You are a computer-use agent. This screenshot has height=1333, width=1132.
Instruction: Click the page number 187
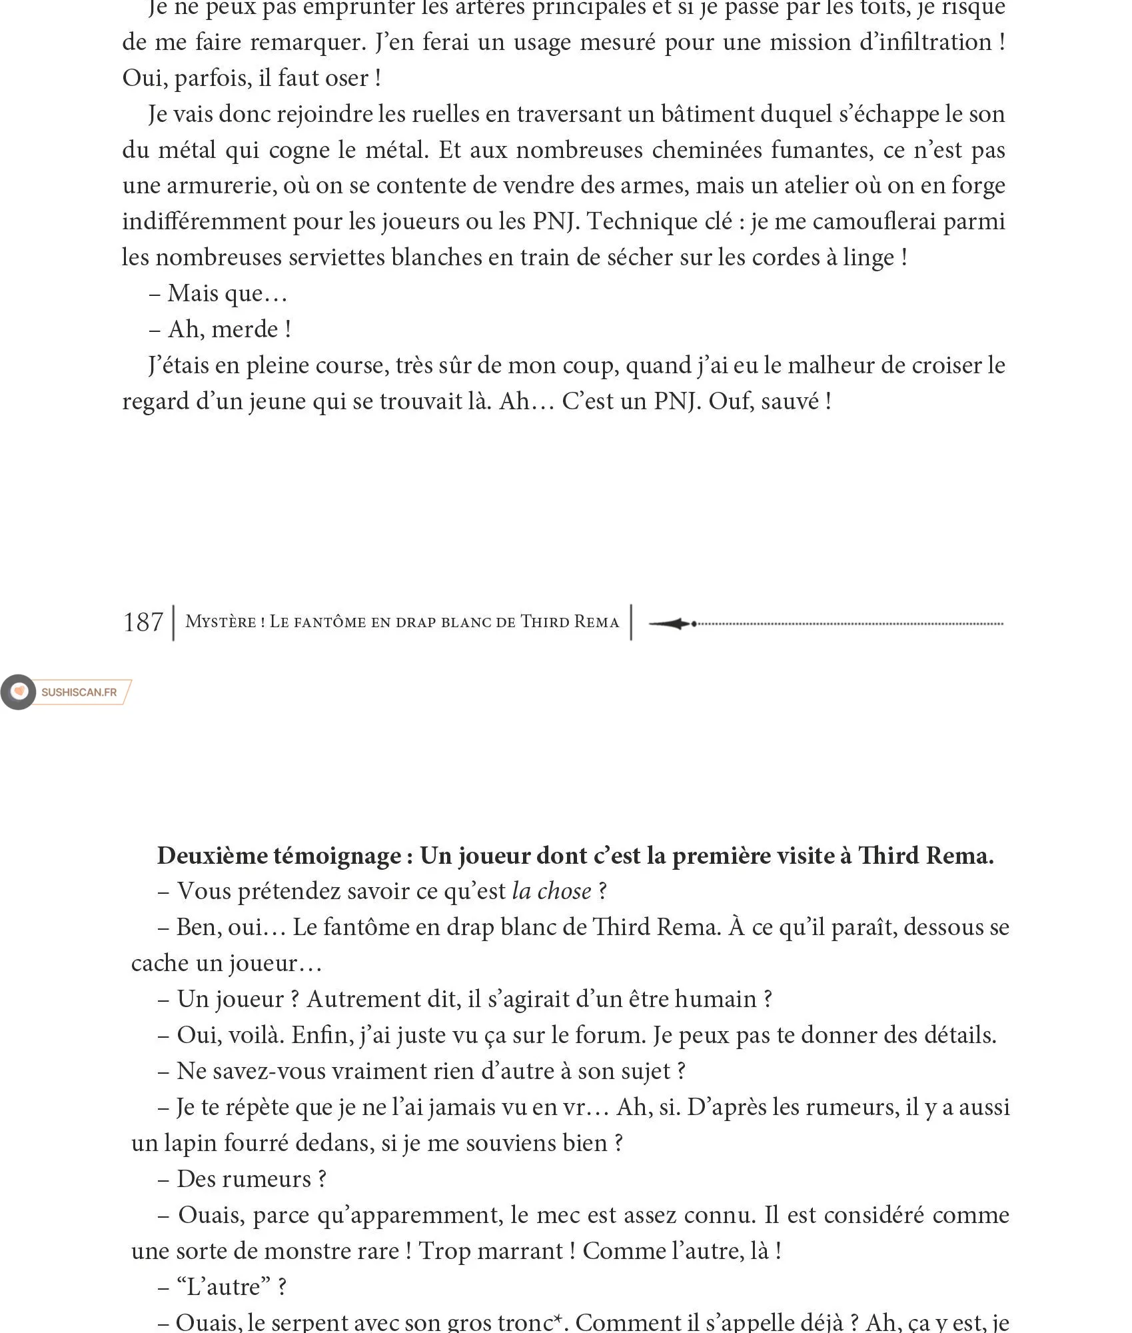click(x=143, y=623)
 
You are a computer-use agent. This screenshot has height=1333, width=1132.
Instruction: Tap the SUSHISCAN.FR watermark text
click(x=79, y=692)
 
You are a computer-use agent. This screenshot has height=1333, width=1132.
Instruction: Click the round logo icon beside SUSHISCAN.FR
click(x=19, y=692)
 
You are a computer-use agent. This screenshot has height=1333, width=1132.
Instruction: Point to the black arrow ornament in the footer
click(x=672, y=624)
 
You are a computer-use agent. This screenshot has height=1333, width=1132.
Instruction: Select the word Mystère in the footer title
click(x=221, y=622)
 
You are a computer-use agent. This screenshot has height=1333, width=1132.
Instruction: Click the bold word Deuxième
click(x=213, y=856)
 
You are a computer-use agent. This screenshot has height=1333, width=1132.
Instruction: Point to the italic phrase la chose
click(x=552, y=892)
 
